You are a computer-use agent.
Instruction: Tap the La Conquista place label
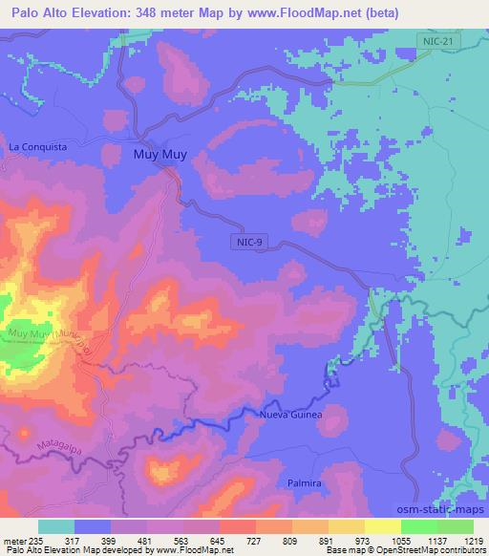tap(37, 147)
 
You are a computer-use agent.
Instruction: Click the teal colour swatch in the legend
tap(56, 526)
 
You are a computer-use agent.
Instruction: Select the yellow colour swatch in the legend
tap(382, 526)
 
